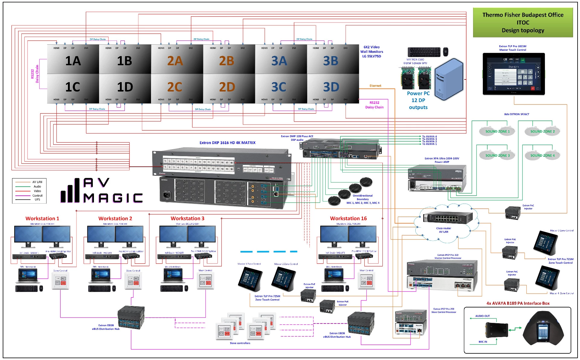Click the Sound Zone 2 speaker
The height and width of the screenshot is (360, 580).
pyautogui.click(x=543, y=131)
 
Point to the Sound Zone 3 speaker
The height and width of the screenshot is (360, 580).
pyautogui.click(x=497, y=155)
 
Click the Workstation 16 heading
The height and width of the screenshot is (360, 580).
pyautogui.click(x=348, y=218)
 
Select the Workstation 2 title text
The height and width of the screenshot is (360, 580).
pyautogui.click(x=115, y=218)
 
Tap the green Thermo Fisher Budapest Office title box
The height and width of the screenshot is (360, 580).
pyautogui.click(x=523, y=23)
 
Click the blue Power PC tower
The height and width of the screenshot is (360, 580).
pyautogui.click(x=449, y=79)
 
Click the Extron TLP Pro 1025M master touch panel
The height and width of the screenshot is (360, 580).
pyautogui.click(x=514, y=74)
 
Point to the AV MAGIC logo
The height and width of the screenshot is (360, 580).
pyautogui.click(x=101, y=191)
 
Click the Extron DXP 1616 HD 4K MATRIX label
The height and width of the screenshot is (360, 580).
pyautogui.click(x=227, y=143)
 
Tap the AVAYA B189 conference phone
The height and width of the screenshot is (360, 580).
pyautogui.click(x=543, y=329)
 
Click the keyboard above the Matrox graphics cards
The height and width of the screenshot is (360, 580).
pyautogui.click(x=424, y=52)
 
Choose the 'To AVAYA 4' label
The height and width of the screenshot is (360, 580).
pyautogui.click(x=429, y=137)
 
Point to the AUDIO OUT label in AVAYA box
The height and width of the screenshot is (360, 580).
pyautogui.click(x=482, y=316)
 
